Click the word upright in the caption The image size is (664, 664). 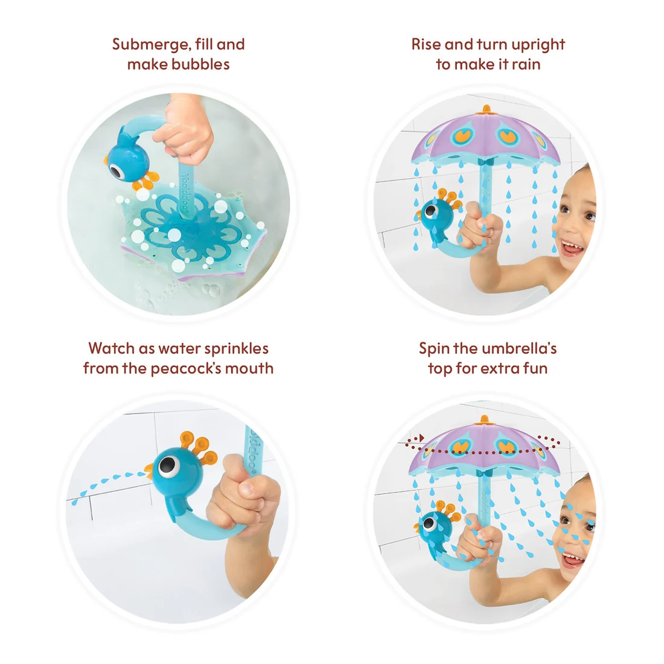(x=537, y=45)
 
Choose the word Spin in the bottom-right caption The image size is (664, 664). (x=434, y=349)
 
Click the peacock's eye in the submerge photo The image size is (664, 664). (x=116, y=170)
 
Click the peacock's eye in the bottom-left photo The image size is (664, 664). (x=168, y=466)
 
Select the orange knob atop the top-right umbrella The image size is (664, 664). (x=486, y=110)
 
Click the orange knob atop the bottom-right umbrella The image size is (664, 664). (x=485, y=420)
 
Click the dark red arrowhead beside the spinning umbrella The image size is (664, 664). (x=421, y=438)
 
